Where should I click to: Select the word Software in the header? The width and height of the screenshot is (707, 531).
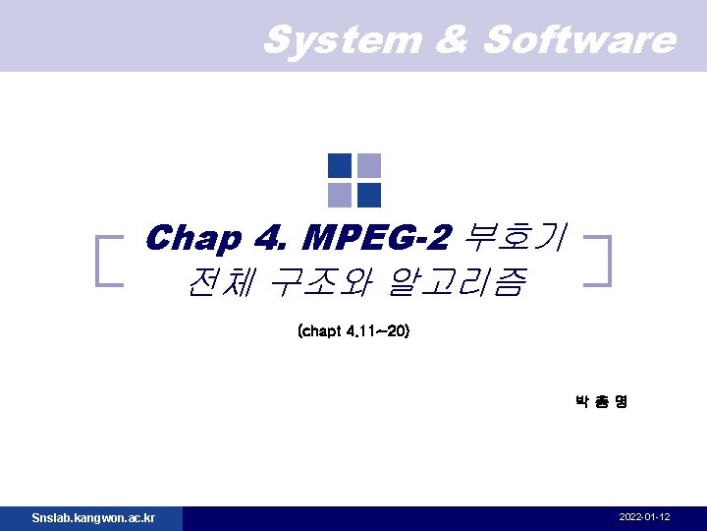[579, 40]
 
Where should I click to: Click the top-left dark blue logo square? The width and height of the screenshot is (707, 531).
[339, 165]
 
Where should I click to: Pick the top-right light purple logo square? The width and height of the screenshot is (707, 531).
[369, 165]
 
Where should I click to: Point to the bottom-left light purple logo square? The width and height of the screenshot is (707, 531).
[339, 195]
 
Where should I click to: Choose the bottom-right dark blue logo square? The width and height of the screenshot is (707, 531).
[369, 195]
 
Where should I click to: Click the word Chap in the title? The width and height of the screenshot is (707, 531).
[191, 239]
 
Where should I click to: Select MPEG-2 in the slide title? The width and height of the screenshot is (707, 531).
[378, 239]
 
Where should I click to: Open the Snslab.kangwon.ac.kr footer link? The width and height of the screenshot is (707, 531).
[92, 517]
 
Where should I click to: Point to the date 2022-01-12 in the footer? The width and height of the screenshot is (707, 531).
[645, 517]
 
